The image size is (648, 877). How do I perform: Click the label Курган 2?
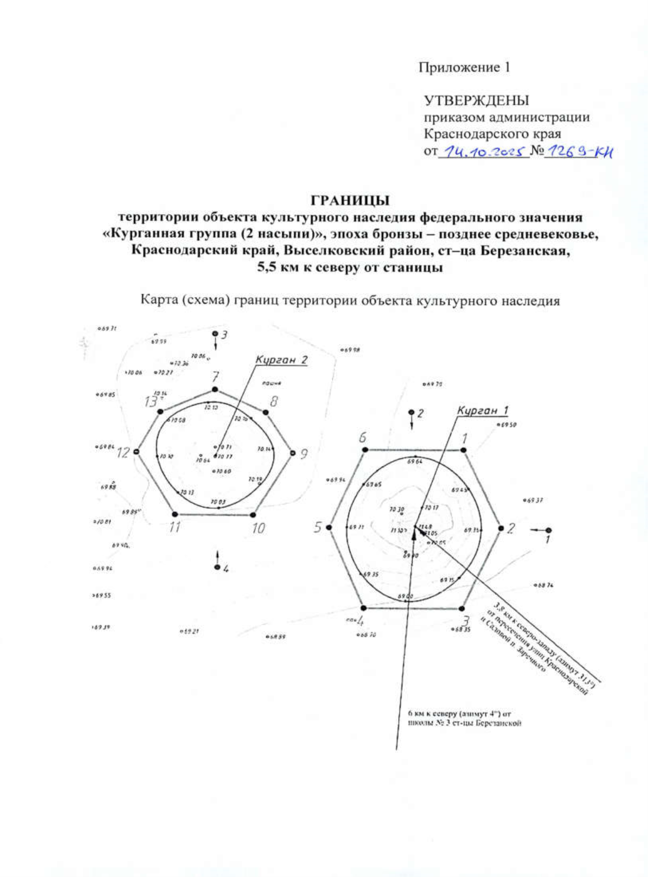click(281, 360)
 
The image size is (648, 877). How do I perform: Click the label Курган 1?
click(482, 410)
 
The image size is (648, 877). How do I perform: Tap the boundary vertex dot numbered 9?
click(293, 453)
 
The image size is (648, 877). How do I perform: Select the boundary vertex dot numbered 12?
click(137, 451)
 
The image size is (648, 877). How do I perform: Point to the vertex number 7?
click(215, 376)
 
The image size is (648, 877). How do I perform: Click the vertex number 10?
click(258, 528)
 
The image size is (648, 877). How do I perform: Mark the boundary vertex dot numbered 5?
click(329, 528)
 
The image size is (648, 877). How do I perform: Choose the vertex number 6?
click(363, 437)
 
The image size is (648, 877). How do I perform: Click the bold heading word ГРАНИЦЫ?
click(350, 200)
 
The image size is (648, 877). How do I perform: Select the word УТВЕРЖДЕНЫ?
click(476, 100)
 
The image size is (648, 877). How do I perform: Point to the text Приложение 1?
click(464, 68)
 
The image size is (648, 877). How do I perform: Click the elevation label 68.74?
click(544, 585)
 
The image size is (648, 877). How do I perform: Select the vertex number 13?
click(151, 401)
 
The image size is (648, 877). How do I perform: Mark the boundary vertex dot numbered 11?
click(175, 514)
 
